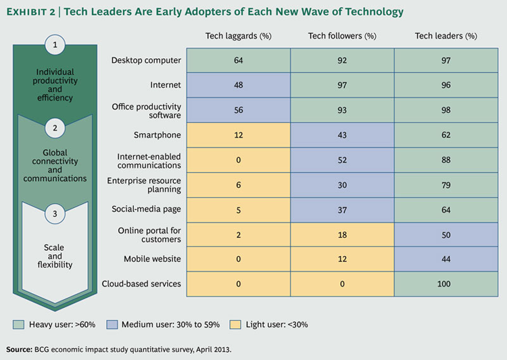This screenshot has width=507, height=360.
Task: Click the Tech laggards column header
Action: pos(238,36)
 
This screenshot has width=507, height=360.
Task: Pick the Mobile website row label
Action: pos(152,258)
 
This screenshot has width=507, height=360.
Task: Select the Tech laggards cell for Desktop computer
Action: pos(238,61)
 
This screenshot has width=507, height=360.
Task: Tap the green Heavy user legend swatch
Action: pos(18,324)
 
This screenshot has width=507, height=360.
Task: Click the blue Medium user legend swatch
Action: pos(114,324)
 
